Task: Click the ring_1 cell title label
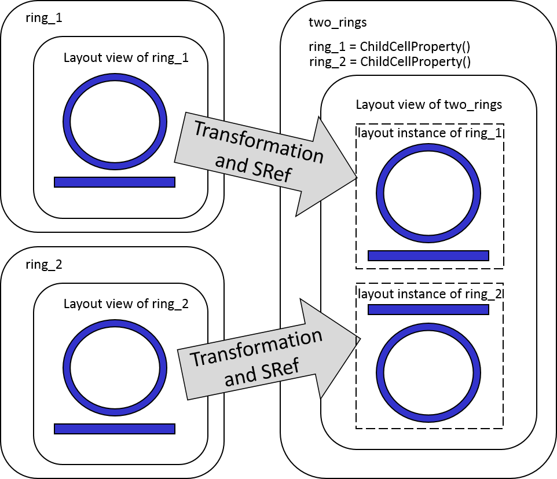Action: click(44, 18)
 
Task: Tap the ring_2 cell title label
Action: click(44, 265)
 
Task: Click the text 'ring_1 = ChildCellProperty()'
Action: click(389, 49)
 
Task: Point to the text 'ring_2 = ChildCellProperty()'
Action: click(389, 62)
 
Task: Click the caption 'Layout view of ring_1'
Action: click(126, 58)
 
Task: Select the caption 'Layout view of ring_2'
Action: click(126, 304)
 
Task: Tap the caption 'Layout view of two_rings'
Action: click(428, 105)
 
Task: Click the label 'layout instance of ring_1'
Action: click(429, 133)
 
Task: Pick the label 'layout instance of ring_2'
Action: click(429, 294)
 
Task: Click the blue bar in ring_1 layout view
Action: click(115, 182)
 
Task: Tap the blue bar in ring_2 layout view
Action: click(115, 429)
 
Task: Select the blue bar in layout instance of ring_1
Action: click(428, 255)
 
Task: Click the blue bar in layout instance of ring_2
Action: click(428, 309)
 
